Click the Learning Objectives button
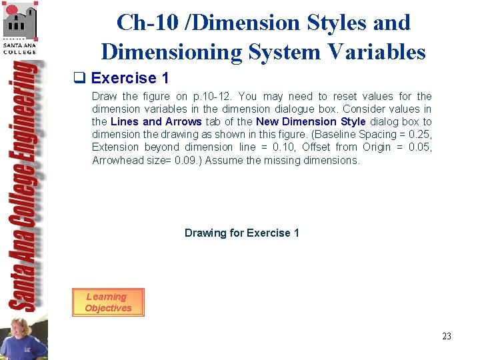tap(108, 302)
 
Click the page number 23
tap(446, 336)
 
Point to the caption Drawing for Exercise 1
tap(241, 233)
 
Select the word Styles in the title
tap(337, 22)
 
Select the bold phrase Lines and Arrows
tap(156, 121)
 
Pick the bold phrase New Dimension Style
tap(311, 121)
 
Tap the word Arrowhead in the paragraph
tap(116, 160)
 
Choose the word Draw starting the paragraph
tap(104, 96)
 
